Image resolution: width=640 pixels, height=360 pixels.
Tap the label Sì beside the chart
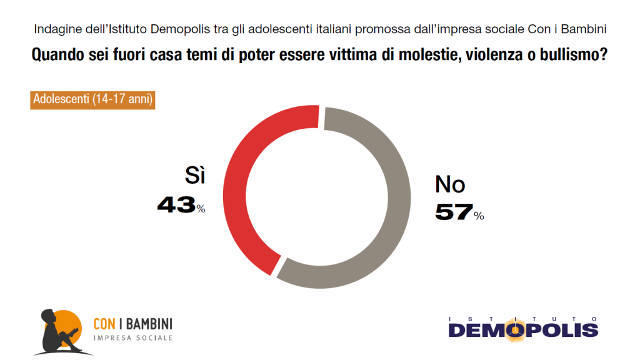(x=194, y=177)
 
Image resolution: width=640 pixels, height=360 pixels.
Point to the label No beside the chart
(x=450, y=184)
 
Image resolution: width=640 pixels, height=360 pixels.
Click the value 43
(x=176, y=205)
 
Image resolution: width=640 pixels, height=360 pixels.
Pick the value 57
(x=453, y=212)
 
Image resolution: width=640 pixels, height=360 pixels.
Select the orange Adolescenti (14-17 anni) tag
(x=92, y=100)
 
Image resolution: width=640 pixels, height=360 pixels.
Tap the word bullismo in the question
(x=569, y=55)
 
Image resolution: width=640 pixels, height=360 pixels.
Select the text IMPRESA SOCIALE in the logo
(x=132, y=338)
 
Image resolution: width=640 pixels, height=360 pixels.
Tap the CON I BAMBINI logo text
(x=132, y=324)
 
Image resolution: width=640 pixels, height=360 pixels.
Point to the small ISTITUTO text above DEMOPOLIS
(x=523, y=317)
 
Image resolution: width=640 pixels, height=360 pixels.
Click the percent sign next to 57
(x=479, y=216)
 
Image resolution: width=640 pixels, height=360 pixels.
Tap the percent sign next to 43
(x=201, y=209)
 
